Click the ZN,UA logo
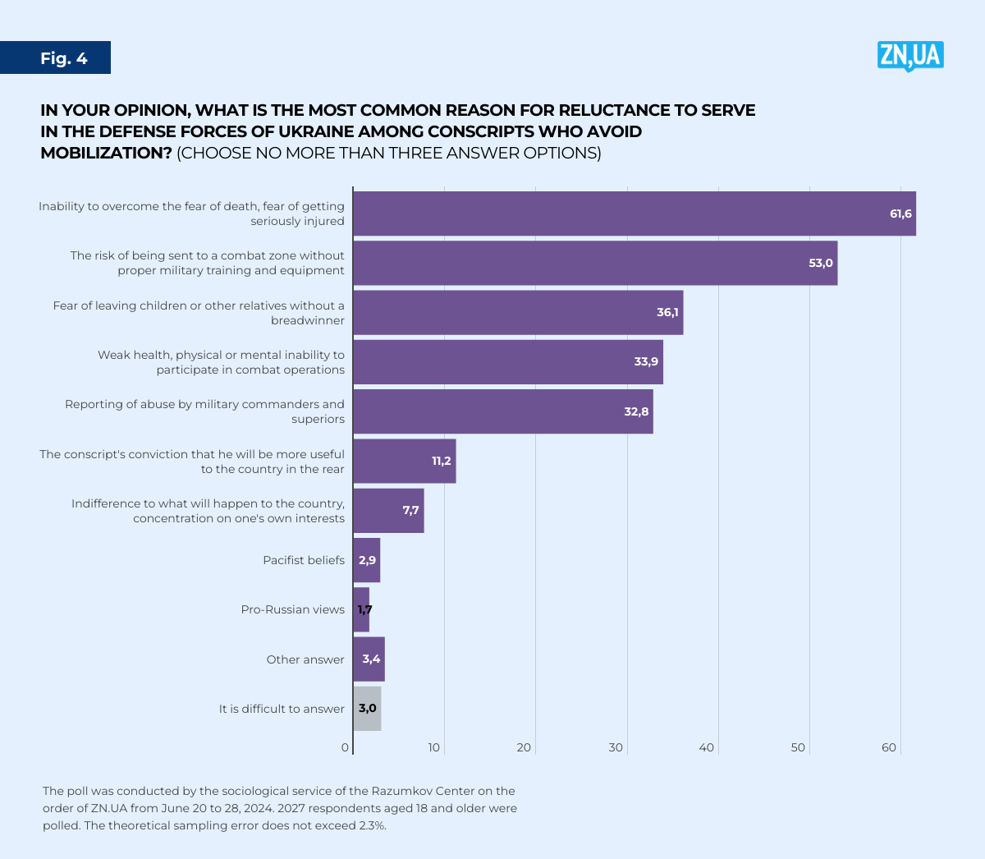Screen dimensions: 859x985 [x=909, y=56]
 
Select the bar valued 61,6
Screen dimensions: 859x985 [x=634, y=214]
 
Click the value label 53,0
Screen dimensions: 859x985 [x=820, y=263]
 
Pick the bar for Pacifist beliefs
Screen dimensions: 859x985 [x=367, y=560]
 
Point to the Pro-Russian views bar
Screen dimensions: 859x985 [x=361, y=609]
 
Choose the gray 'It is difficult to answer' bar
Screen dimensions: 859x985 [x=367, y=709]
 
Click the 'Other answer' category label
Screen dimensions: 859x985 [x=305, y=659]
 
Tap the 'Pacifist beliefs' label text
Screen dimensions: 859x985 [x=304, y=560]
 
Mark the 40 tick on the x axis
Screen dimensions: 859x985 [x=707, y=747]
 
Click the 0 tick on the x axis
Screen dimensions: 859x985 [x=346, y=747]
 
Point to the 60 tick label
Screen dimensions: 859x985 [x=889, y=747]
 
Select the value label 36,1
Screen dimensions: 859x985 [x=667, y=312]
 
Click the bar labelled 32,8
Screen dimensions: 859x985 [x=502, y=411]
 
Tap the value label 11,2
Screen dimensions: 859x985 [x=442, y=461]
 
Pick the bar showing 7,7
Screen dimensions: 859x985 [x=388, y=511]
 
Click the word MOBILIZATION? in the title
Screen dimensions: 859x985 [x=106, y=153]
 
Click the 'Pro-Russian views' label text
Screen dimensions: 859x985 [x=293, y=609]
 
